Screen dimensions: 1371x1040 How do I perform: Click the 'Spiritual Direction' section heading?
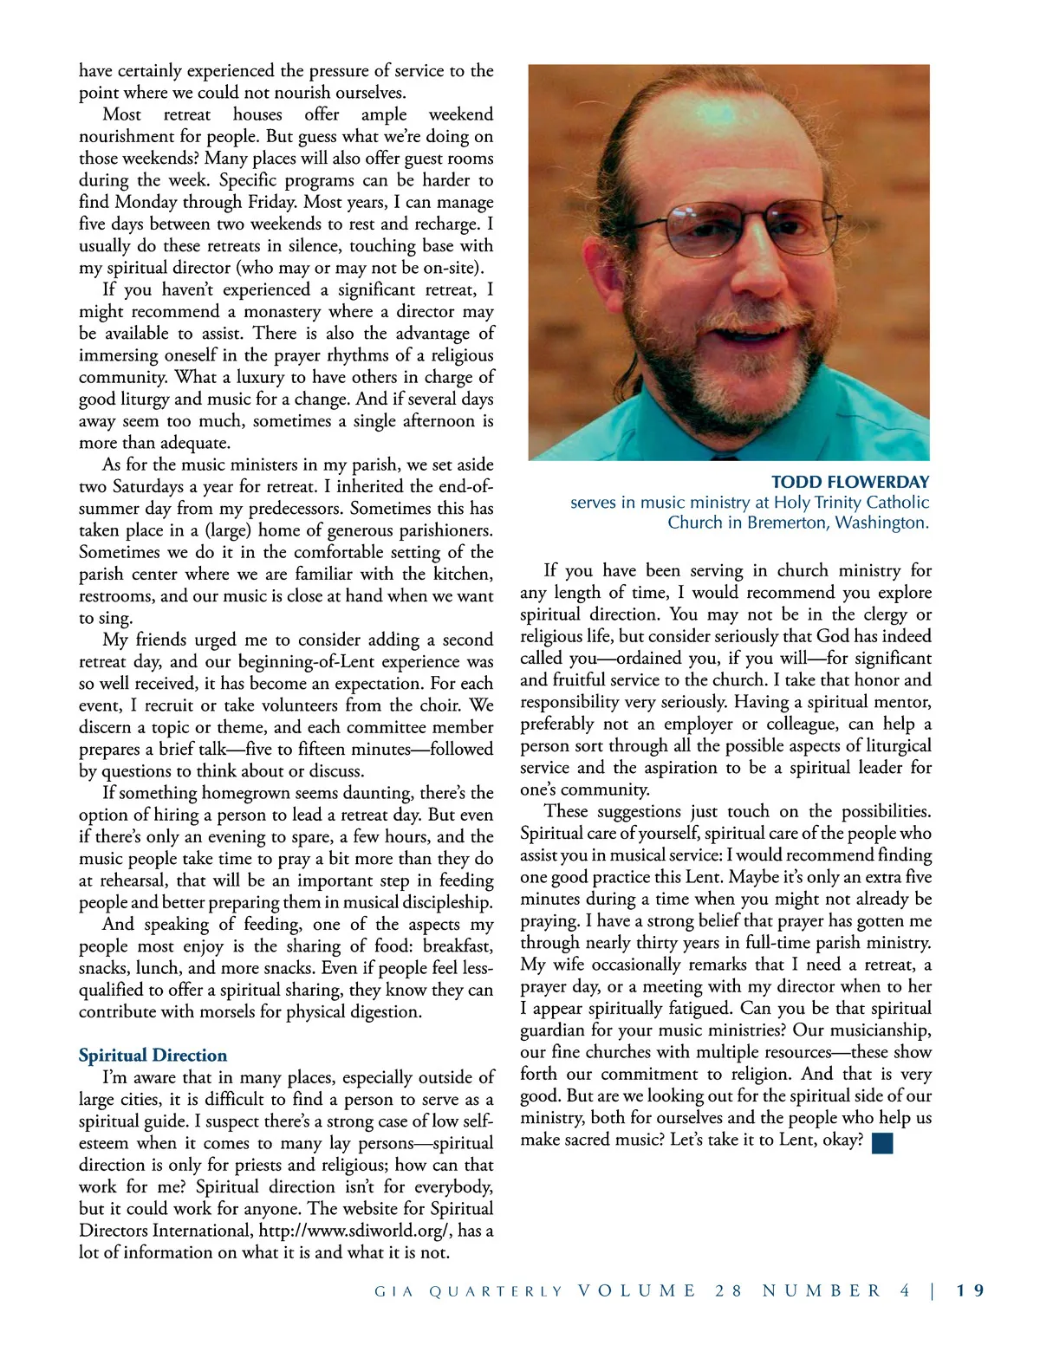(153, 1056)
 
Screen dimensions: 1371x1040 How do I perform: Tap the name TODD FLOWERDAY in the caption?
(850, 482)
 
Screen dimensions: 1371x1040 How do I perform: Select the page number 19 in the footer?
(972, 1290)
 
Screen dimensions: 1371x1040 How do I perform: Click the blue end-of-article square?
(882, 1142)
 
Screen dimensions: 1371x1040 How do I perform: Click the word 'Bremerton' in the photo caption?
(785, 523)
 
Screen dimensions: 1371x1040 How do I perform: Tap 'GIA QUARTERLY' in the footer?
(468, 1291)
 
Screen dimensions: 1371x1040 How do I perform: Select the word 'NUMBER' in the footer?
(821, 1290)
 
